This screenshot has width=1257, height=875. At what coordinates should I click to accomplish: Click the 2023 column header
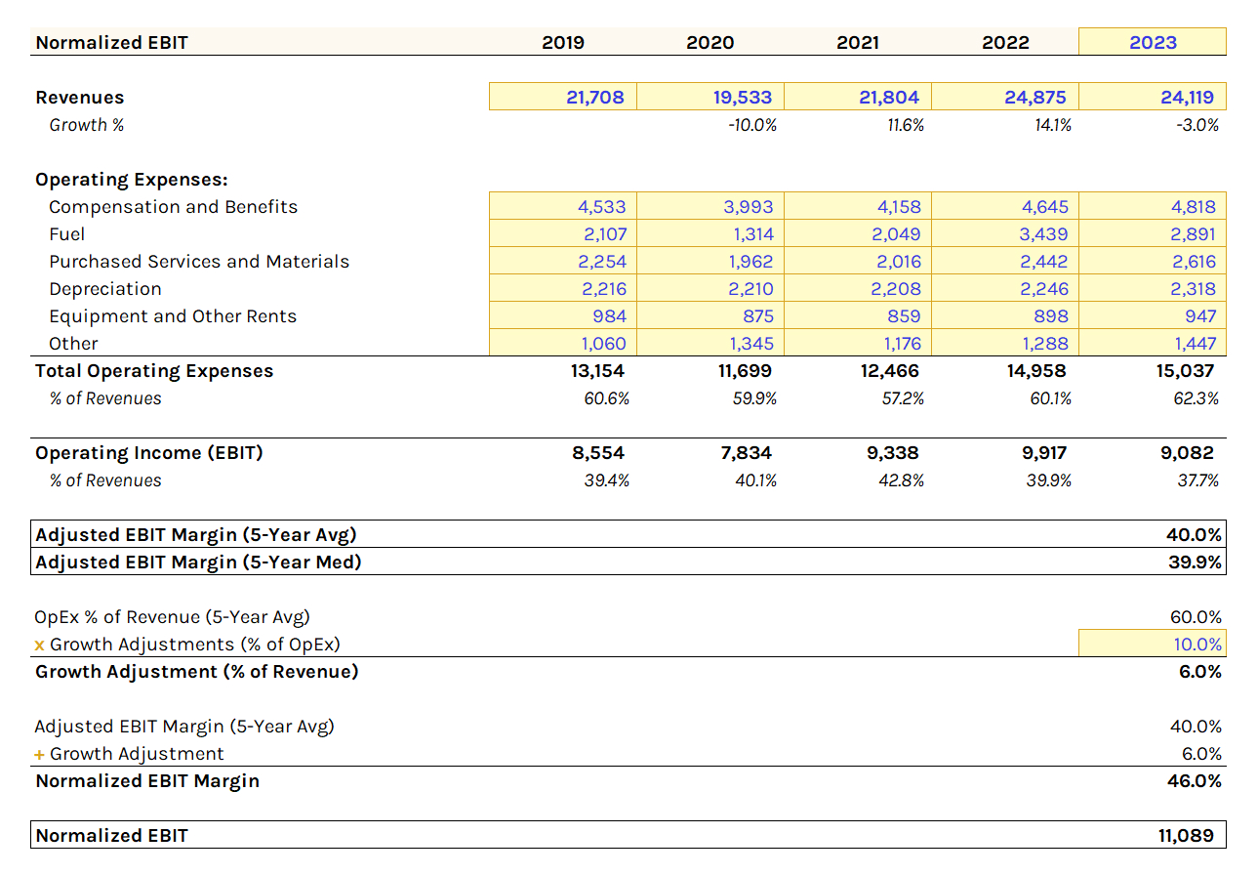click(1153, 42)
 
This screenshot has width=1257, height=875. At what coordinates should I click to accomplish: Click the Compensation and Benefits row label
click(173, 207)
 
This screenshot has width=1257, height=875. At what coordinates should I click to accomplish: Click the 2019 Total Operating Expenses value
click(598, 371)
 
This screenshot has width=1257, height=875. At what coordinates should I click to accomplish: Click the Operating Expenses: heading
click(132, 180)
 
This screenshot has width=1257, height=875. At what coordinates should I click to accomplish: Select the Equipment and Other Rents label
click(173, 316)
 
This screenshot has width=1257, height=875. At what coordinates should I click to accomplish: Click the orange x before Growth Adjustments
click(39, 645)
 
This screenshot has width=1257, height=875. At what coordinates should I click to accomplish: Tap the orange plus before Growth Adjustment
click(39, 754)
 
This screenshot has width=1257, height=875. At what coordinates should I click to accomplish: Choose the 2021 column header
click(858, 42)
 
